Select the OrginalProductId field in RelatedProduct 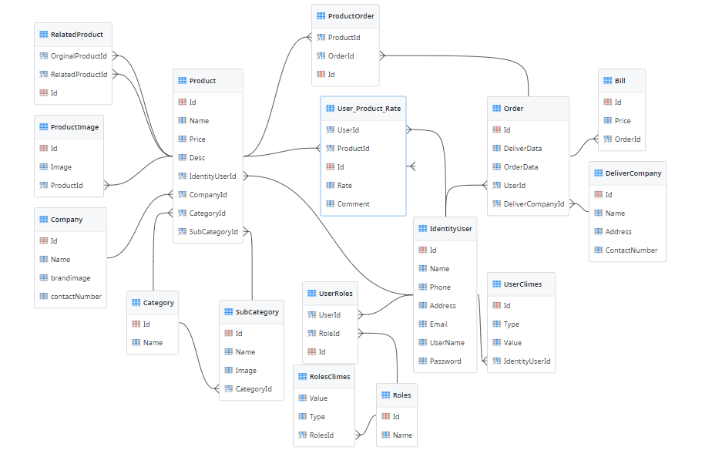coord(79,55)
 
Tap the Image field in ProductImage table coord(61,166)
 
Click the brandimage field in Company coord(70,277)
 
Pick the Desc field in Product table coord(197,157)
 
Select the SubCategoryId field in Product coord(213,231)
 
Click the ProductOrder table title coord(351,15)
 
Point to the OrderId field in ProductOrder coord(341,55)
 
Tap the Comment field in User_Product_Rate coord(353,203)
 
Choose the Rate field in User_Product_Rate coord(344,185)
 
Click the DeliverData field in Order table coord(522,148)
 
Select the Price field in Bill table coord(623,120)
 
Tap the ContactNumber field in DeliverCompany coord(631,250)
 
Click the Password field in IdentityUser coord(445,361)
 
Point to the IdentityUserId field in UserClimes coord(527,361)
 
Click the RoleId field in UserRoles coord(329,333)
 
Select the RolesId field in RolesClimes coord(321,435)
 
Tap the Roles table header coord(401,395)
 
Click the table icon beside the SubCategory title coord(229,312)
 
